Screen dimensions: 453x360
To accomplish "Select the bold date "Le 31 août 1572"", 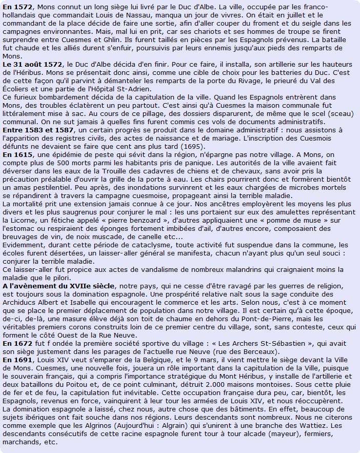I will pos(33,64).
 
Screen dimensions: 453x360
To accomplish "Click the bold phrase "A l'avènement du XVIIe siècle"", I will pos(58,285).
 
